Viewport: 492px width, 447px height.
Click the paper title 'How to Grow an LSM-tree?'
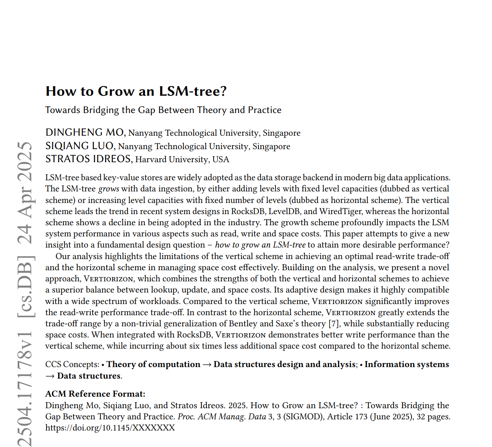(136, 91)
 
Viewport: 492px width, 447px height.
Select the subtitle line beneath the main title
(163, 110)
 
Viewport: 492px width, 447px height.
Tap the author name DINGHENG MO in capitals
(84, 133)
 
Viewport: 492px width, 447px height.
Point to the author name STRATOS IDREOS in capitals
(88, 159)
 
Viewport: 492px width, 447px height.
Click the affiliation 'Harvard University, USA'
(182, 160)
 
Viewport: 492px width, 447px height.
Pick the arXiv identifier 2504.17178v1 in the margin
(25, 388)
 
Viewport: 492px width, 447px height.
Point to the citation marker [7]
(333, 324)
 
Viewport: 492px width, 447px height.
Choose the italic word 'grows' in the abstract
(109, 189)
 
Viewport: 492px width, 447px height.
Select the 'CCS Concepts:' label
(72, 364)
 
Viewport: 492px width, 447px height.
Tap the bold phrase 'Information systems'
(406, 364)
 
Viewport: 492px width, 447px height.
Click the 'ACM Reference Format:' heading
(95, 394)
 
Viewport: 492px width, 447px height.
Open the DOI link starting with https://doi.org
(110, 428)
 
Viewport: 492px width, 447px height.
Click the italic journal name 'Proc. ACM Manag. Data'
(222, 417)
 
